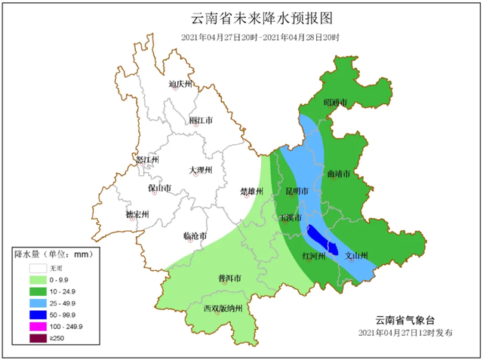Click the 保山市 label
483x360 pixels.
[159, 188]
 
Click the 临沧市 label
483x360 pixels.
[195, 236]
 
